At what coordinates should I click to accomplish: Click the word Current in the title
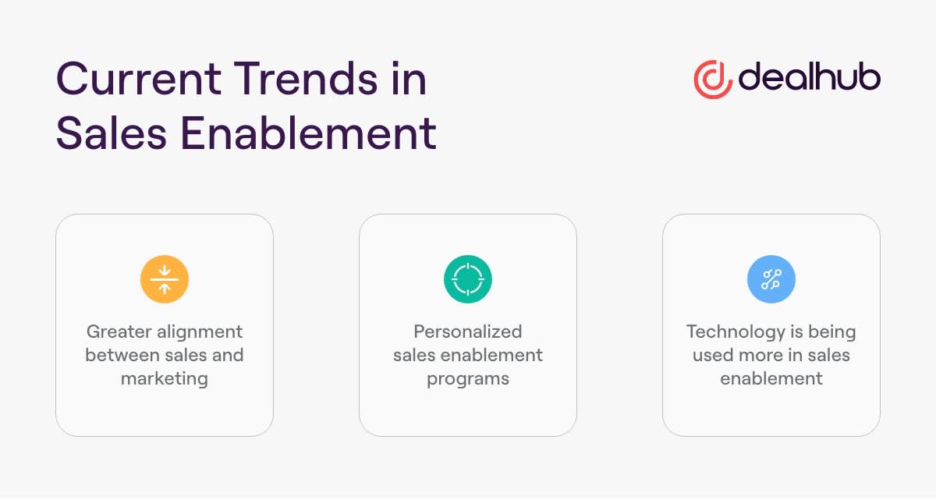tap(139, 79)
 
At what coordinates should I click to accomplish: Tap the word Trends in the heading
tap(306, 78)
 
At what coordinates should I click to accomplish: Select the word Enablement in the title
tap(309, 133)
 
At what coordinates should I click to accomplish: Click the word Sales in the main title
tap(112, 133)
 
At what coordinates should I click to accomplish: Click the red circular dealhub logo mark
tap(713, 80)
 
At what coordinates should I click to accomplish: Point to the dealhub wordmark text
tap(810, 76)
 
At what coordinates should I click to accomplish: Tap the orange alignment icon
tap(165, 279)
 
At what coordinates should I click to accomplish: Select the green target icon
tap(468, 279)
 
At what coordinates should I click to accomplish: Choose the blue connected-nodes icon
tap(771, 279)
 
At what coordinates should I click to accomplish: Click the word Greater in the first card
tap(119, 332)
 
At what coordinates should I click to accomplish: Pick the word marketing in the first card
tap(165, 379)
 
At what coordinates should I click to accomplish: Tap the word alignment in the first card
tap(200, 332)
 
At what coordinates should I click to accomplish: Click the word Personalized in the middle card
tap(468, 332)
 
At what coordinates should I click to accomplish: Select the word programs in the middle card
tap(468, 379)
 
